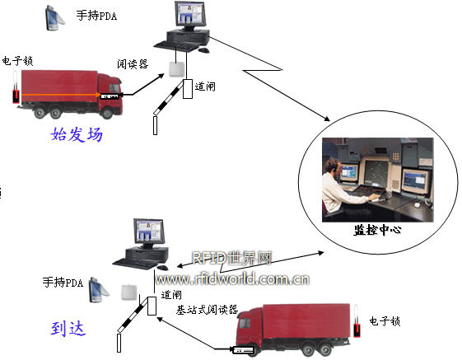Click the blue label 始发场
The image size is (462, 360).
pyautogui.click(x=77, y=134)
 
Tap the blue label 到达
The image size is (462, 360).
pyautogui.click(x=68, y=328)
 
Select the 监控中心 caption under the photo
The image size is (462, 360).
pyautogui.click(x=377, y=230)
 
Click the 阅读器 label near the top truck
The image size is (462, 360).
pyautogui.click(x=133, y=64)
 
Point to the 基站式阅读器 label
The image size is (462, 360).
pyautogui.click(x=207, y=310)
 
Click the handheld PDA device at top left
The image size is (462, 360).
pyautogui.click(x=54, y=18)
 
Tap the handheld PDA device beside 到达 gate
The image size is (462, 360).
pyautogui.click(x=98, y=290)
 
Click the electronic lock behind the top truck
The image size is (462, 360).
pyautogui.click(x=16, y=87)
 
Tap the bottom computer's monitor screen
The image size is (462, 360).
pyautogui.click(x=149, y=231)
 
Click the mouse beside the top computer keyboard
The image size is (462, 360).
pyautogui.click(x=204, y=50)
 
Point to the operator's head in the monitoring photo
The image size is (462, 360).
pyautogui.click(x=333, y=167)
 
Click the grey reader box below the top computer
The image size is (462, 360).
pyautogui.click(x=177, y=69)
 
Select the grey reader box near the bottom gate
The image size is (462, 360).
pyautogui.click(x=129, y=292)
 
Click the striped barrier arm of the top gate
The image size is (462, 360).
pyautogui.click(x=169, y=98)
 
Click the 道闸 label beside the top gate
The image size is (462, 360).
pyautogui.click(x=205, y=86)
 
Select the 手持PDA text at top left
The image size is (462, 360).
pyautogui.click(x=96, y=15)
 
